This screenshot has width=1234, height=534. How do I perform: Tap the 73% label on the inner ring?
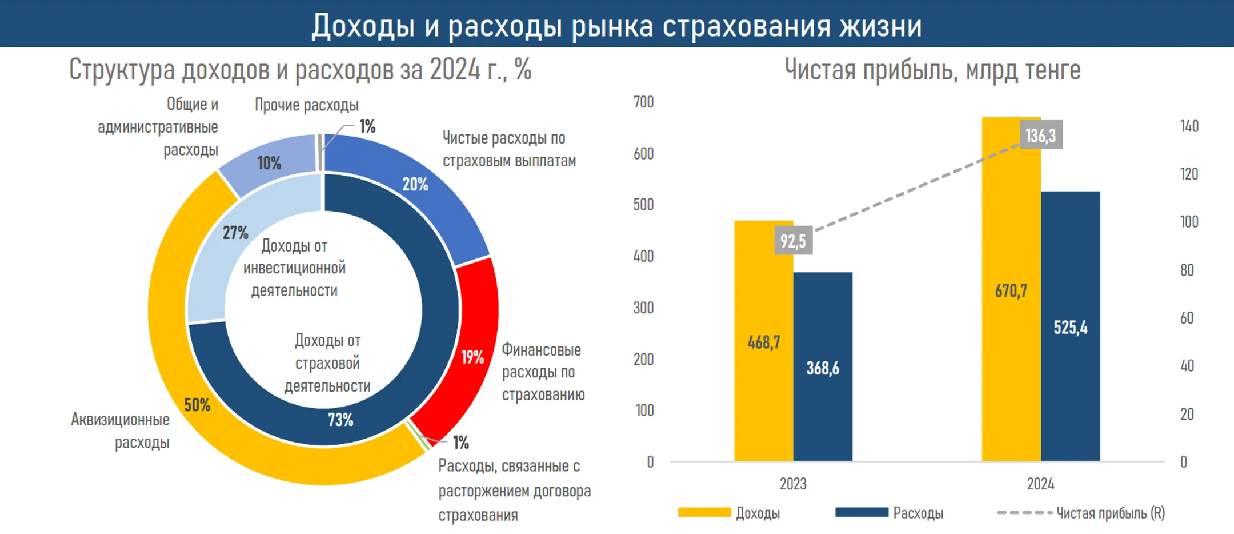click(x=340, y=420)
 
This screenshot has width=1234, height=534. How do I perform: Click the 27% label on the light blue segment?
click(x=235, y=233)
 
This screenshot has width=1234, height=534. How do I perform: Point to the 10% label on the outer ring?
click(x=269, y=163)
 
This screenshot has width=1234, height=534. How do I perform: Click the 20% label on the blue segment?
click(x=415, y=184)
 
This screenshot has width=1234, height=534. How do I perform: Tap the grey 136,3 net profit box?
click(x=1041, y=135)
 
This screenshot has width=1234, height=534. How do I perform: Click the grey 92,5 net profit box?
click(x=793, y=241)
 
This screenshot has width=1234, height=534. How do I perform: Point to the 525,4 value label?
click(x=1070, y=328)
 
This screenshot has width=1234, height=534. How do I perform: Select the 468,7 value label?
click(x=763, y=342)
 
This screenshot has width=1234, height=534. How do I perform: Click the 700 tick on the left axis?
click(x=643, y=102)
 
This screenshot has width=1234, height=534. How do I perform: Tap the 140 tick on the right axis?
click(x=1189, y=126)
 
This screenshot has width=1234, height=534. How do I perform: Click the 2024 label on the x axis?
click(x=1040, y=484)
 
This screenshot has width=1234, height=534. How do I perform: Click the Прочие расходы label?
click(x=306, y=105)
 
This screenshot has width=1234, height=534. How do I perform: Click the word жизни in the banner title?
click(x=880, y=26)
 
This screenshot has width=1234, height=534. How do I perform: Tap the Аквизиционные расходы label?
click(x=121, y=431)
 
